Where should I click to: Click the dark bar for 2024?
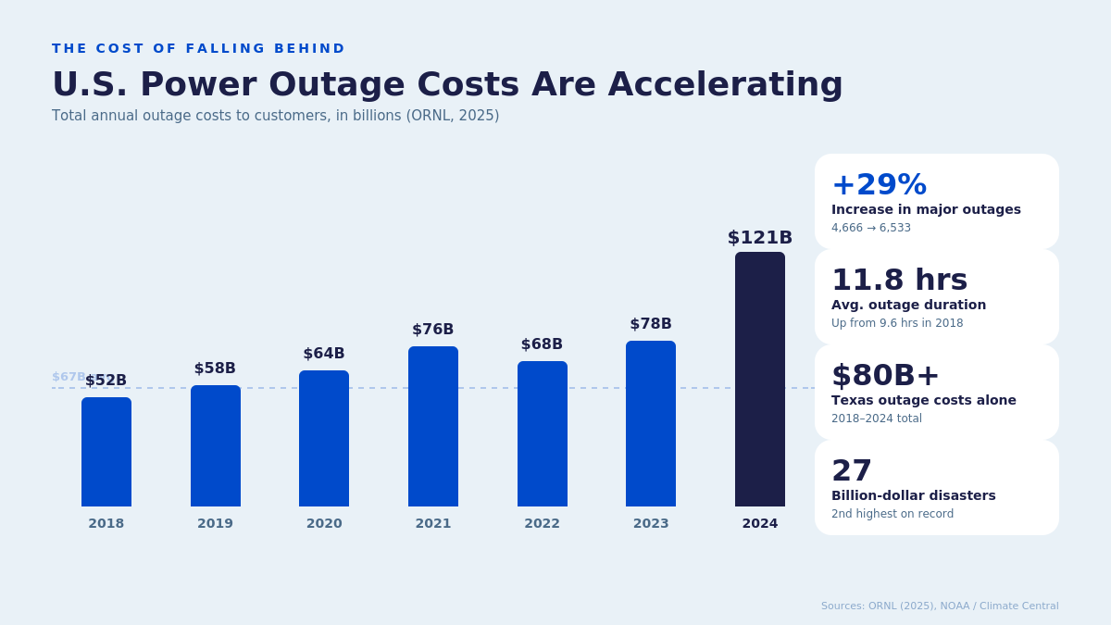(x=759, y=380)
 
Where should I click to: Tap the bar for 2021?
(x=432, y=426)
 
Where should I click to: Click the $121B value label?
(x=759, y=238)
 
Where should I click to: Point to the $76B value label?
(x=432, y=330)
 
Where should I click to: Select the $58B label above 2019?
(x=215, y=369)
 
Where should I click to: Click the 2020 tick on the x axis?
(x=324, y=523)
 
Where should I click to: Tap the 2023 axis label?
(x=651, y=523)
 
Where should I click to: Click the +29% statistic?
(x=879, y=184)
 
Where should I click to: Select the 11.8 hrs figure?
(x=899, y=280)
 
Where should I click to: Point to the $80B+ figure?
(x=885, y=375)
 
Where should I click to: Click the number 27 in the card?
(x=852, y=470)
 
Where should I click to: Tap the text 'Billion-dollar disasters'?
(x=913, y=495)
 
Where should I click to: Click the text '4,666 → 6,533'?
(x=870, y=228)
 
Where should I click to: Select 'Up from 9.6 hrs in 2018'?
(x=896, y=323)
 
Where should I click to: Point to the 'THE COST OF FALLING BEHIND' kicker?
(x=198, y=48)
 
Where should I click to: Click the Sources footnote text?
(x=939, y=606)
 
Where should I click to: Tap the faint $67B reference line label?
(x=68, y=377)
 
